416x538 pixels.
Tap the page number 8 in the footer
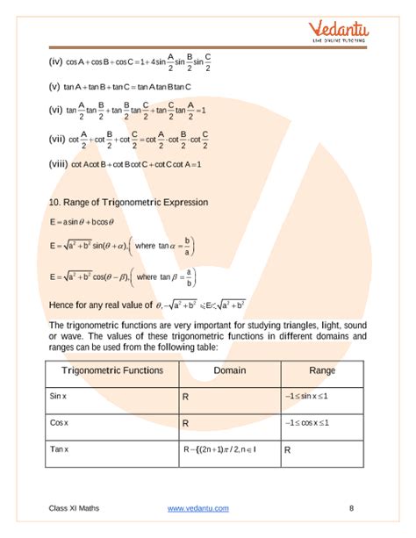(x=350, y=508)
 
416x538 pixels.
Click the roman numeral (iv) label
(x=58, y=61)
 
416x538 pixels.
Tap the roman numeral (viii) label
(x=60, y=164)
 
